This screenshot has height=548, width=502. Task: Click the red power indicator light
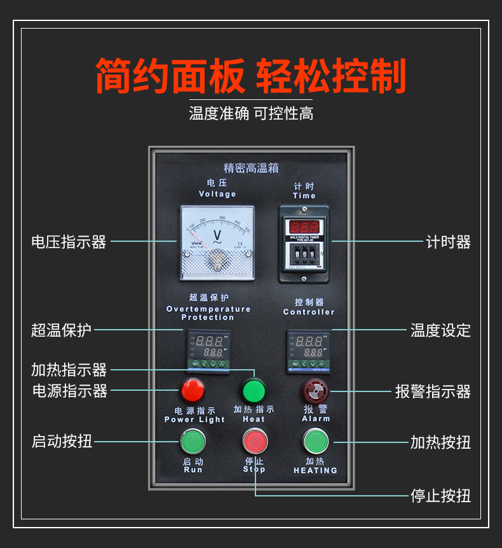pos(193,388)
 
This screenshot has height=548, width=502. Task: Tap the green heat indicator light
pos(253,389)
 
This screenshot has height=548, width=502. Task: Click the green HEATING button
pos(315,440)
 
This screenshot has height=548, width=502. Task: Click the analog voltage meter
pos(217,242)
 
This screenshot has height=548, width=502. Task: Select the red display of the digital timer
pos(304,226)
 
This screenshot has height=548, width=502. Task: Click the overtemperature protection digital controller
pos(208,351)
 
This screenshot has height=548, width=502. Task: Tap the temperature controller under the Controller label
pos(309,351)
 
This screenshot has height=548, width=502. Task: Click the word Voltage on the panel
pos(217,194)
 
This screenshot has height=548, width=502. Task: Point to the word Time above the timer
pos(304,196)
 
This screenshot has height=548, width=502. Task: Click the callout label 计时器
pos(448,242)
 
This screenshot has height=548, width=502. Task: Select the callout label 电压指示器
pos(69,242)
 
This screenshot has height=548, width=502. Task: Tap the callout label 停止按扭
pos(440,495)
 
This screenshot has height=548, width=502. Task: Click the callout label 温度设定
pos(440,330)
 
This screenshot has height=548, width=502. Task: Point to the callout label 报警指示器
pos(433,391)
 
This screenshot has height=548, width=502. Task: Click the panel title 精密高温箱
pos(251,168)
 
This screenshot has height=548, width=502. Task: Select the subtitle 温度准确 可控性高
pos(251,114)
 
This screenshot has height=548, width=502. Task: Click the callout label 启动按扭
pos(62,441)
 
